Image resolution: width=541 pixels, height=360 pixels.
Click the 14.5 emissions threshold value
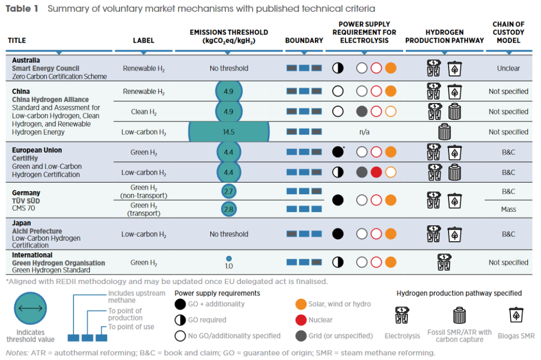pyautogui.click(x=229, y=132)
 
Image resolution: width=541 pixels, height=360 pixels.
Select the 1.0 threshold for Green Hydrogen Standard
pyautogui.click(x=229, y=266)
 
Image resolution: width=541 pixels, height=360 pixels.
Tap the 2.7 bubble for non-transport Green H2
pyautogui.click(x=229, y=191)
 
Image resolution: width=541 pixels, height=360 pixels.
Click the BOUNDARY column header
pyautogui.click(x=304, y=40)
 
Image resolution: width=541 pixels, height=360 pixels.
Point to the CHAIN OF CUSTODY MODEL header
pyautogui.click(x=508, y=32)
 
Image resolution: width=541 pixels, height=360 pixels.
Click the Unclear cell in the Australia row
pyautogui.click(x=508, y=68)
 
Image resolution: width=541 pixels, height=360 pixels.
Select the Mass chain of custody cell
pyautogui.click(x=508, y=210)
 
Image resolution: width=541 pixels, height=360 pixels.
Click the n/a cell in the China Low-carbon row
pyautogui.click(x=365, y=132)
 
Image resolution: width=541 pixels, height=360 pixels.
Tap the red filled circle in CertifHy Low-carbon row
pyautogui.click(x=376, y=172)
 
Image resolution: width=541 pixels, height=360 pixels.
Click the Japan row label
pyautogui.click(x=22, y=223)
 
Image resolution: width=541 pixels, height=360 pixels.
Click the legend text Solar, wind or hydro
pyautogui.click(x=340, y=304)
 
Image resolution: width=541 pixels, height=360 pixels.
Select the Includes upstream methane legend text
pyautogui.click(x=137, y=297)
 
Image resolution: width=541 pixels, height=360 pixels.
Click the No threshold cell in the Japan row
pyautogui.click(x=229, y=234)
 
